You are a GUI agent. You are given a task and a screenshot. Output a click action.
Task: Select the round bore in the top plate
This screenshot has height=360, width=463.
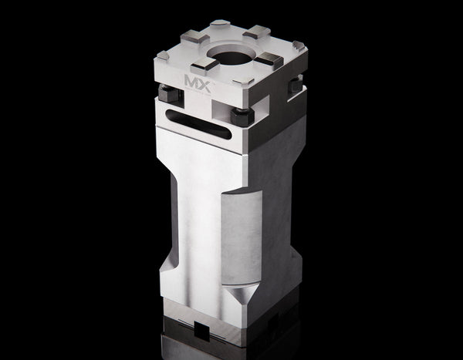click(233, 57)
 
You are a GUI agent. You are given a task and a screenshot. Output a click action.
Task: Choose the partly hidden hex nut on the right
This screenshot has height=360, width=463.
click(296, 87)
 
